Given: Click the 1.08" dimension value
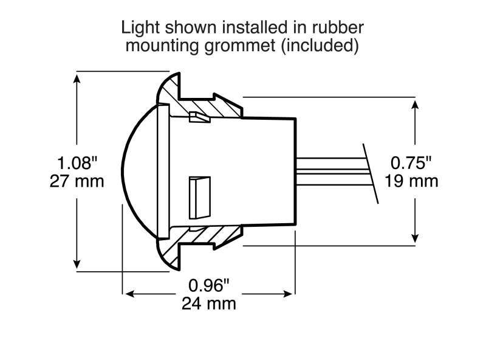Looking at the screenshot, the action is pos(77,162).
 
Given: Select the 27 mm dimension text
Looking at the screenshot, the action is pos(77,181).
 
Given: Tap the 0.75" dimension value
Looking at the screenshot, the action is pos(411,162).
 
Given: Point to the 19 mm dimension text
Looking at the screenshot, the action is pos(411,181).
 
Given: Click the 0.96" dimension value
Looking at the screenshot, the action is pos(209,285).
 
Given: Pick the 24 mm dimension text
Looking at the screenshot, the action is pos(209,303).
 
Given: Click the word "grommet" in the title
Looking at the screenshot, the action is pos(239,46).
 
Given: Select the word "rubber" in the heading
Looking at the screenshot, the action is pos(337,27).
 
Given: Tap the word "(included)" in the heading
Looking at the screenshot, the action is pos(320,46).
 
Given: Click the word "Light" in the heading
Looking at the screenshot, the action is pos(140,27).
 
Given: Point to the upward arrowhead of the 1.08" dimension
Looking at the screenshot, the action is pos(77,78).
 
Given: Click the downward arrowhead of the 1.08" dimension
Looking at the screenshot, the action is pos(77,264).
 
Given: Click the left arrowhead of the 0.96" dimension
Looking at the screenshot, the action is pos(129,294).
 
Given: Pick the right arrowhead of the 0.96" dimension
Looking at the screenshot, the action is pos(288,294).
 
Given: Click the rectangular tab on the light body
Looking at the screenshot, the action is pos(200,198).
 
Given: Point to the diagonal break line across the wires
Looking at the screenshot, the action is pos(371,173).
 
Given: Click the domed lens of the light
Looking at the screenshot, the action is pos(140,171).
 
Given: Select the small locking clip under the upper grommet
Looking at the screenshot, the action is pos(199,117).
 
